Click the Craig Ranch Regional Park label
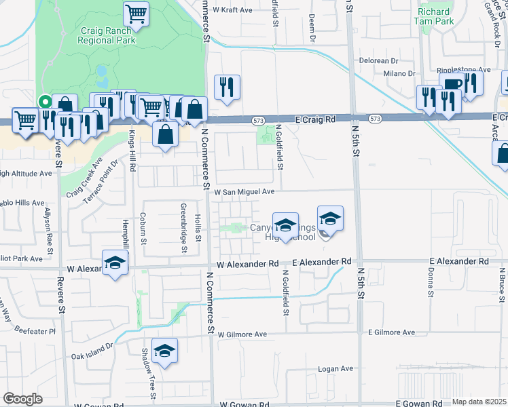107,35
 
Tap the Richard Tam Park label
435,16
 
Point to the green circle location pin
45,102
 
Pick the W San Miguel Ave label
244,192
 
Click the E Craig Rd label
316,119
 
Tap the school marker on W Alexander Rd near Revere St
115,262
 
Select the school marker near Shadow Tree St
165,350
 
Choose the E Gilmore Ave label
391,333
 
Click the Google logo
22,399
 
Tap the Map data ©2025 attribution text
479,402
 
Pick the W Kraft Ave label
232,11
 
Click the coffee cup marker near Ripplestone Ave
452,84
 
